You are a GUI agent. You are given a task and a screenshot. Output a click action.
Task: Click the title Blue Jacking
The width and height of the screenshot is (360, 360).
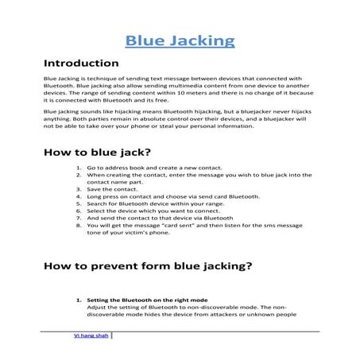point(180,41)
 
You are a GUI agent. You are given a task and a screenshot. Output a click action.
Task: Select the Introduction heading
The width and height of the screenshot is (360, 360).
point(81,63)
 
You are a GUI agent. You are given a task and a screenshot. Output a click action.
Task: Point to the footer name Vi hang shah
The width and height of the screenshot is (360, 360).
point(91,335)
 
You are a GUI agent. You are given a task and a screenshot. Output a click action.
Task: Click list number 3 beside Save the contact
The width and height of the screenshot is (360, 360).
point(79,189)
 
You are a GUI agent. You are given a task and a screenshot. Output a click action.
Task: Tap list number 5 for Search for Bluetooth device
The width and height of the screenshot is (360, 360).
point(79,204)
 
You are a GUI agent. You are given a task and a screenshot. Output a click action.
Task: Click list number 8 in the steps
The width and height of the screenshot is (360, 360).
point(79,225)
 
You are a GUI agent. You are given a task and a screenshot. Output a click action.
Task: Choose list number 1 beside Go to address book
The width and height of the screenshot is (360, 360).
point(79,169)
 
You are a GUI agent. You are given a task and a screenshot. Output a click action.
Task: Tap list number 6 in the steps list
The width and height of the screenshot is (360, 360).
point(79,211)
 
